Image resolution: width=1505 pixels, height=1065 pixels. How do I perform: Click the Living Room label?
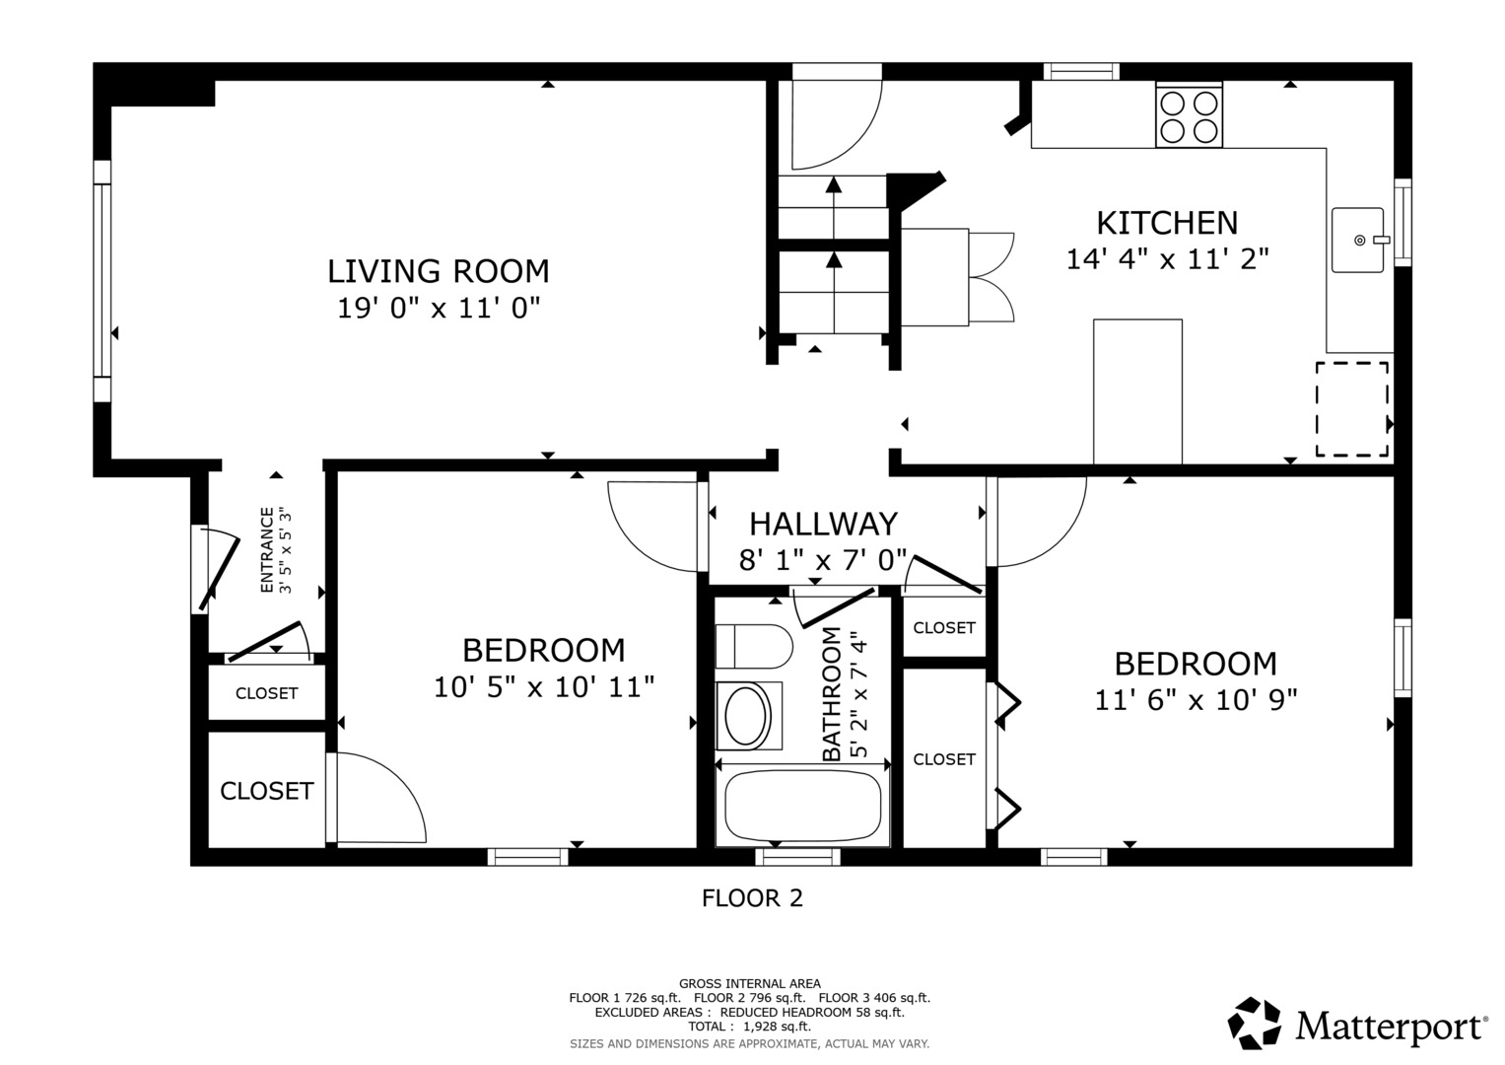coord(439,271)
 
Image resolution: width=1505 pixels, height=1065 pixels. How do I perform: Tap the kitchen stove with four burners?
coord(1189,116)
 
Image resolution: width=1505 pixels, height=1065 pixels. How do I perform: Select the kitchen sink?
coord(1358,240)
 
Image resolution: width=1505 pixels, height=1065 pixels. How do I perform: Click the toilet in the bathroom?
coord(754,647)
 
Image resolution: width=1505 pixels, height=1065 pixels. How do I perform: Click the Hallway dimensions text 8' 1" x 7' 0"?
coord(823,561)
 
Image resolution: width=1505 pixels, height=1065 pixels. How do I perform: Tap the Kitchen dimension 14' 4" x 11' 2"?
coord(1167,259)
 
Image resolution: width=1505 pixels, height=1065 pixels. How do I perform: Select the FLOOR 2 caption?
coord(752,898)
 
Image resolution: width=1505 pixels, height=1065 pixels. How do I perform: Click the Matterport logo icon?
coord(1255,1023)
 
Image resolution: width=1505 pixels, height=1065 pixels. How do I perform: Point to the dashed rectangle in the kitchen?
coord(1351,409)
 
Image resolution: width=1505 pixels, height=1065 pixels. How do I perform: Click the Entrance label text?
coord(267,550)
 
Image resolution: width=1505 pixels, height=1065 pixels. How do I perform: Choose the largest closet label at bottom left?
coord(266,791)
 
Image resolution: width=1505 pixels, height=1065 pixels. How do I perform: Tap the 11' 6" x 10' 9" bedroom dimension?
coord(1196,700)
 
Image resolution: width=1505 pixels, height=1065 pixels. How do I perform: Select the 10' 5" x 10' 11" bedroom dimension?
coord(544,687)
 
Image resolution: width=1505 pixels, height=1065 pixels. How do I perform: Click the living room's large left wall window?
coord(102,281)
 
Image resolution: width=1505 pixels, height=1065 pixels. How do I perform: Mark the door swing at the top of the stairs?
coord(835,123)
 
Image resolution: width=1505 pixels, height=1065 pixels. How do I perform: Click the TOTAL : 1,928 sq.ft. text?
coord(749,1027)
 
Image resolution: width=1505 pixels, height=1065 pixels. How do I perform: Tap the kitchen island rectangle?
coord(1137,391)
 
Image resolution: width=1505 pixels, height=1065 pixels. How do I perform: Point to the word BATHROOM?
coord(832,694)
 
